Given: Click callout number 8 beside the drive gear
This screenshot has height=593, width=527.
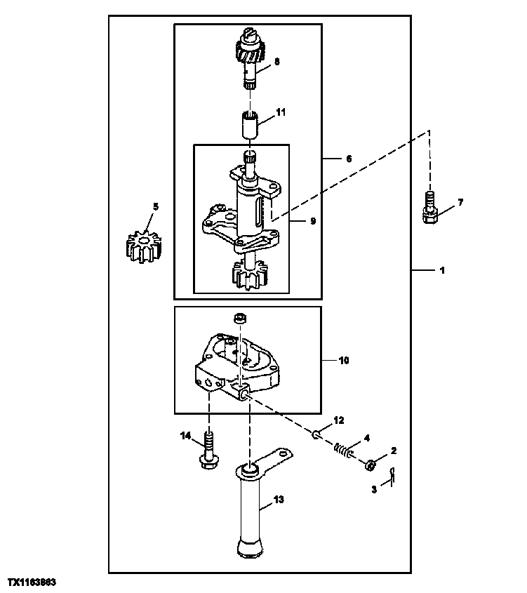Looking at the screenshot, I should tap(276, 61).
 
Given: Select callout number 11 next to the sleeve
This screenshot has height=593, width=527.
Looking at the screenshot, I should tap(281, 112).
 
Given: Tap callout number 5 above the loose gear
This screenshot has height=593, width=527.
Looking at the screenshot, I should tap(156, 206).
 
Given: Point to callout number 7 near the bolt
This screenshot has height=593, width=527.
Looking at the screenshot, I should tap(460, 203).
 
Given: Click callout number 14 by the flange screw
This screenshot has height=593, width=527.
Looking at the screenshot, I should tap(186, 436).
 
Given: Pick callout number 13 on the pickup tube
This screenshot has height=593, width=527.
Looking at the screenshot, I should tap(279, 500).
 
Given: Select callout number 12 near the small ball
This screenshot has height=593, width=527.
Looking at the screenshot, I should tap(338, 420).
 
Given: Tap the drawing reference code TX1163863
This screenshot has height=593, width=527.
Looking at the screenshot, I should tap(32, 583).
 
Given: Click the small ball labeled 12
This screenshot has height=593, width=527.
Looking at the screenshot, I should tap(316, 435).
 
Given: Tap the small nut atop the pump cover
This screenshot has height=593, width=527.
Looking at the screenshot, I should tap(240, 318).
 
